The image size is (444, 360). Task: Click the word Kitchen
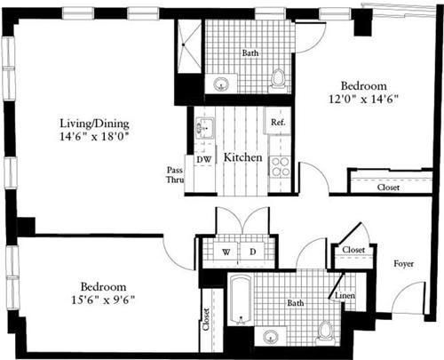242,157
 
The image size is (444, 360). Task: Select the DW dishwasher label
202,159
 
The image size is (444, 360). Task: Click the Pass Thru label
175,175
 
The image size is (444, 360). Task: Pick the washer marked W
226,252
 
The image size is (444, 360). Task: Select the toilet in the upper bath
279,79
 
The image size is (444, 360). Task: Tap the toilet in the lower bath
326,332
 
